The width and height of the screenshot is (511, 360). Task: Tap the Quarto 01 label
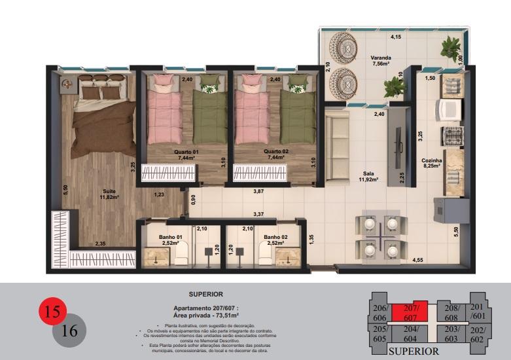tap(186, 154)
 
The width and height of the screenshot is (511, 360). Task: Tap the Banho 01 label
tap(169, 240)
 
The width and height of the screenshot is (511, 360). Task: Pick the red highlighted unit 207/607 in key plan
tap(410, 312)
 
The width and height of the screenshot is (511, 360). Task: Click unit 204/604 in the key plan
tap(411, 334)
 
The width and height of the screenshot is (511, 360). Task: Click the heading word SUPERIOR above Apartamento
tap(205, 295)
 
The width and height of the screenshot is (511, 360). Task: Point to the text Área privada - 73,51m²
tap(205, 314)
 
